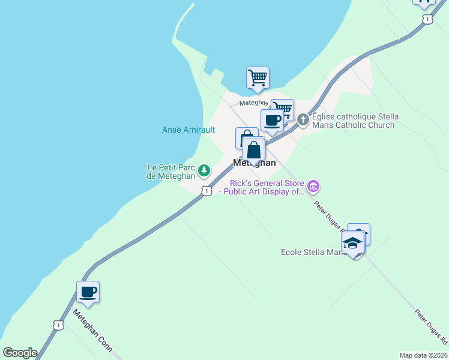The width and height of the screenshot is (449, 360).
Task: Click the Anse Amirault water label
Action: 188,130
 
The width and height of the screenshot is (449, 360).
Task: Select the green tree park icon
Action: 205,171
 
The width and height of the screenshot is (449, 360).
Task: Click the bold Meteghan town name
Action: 255,163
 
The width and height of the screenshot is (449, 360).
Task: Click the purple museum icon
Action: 313,187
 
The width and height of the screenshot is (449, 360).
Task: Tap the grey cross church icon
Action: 303,120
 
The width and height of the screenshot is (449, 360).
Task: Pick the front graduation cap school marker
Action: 353,244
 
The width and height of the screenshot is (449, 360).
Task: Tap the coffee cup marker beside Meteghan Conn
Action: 88,293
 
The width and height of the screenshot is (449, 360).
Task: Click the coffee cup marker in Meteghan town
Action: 273,120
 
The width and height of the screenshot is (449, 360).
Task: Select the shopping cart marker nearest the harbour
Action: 258,77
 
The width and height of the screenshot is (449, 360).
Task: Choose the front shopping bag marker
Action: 254,150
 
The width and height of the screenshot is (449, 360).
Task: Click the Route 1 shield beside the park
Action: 206,191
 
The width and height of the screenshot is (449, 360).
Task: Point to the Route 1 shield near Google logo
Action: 58,325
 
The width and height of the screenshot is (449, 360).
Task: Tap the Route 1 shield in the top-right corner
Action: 427,19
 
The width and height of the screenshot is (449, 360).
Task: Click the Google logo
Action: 20,353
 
